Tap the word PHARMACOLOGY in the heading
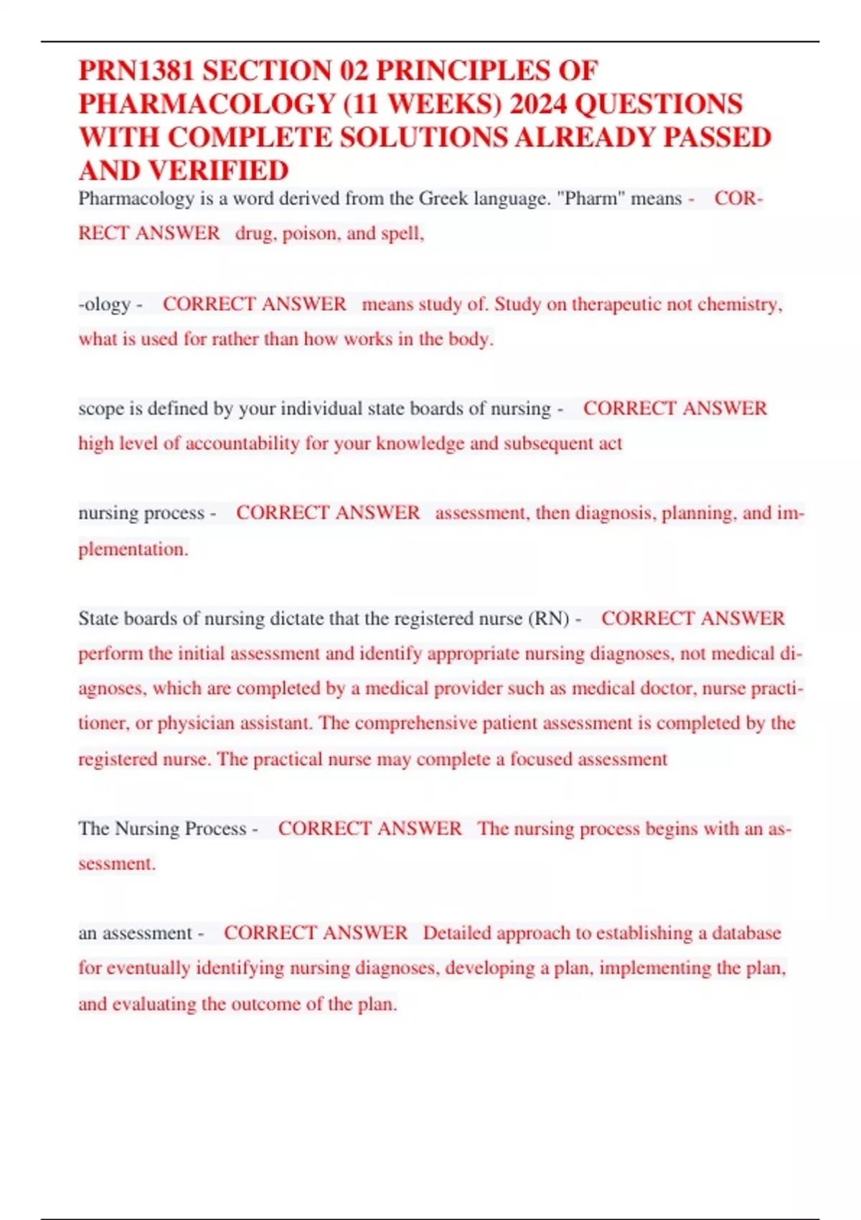(x=207, y=105)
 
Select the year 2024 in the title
(x=538, y=105)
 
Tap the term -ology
(x=105, y=304)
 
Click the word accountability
(x=242, y=444)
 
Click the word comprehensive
(x=415, y=723)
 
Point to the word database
(x=746, y=933)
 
